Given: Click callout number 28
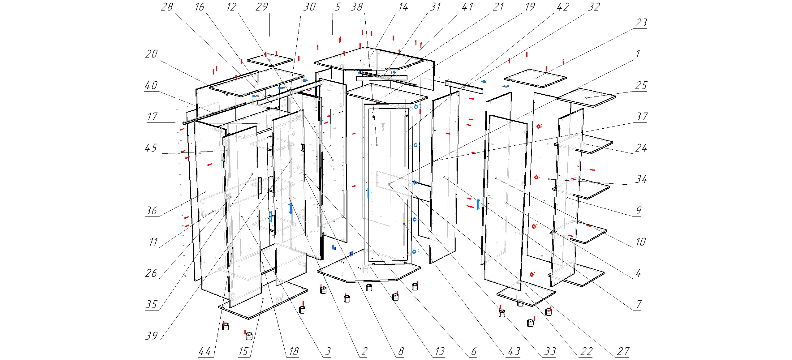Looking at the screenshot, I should tap(167, 7).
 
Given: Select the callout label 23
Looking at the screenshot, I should tap(641, 23).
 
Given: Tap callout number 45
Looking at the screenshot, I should tap(151, 148).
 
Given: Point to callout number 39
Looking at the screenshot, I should tap(152, 336).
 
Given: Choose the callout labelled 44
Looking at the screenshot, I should tap(205, 352).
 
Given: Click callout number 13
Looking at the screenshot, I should tap(440, 352).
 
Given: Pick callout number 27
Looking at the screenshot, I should tap(623, 352).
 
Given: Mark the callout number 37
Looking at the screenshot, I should tap(641, 117).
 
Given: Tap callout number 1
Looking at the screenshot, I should tap(638, 54).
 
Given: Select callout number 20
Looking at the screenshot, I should tap(152, 54).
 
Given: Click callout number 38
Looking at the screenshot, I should tap(357, 7).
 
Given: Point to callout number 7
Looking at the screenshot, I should tap(639, 305).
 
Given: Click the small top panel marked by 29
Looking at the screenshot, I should tap(269, 60).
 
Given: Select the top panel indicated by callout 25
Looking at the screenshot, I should tap(586, 98).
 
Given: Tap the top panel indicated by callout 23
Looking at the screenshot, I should tap(536, 78).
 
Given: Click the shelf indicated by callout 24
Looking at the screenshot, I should tap(583, 144).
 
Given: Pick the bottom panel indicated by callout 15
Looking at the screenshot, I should tap(263, 299).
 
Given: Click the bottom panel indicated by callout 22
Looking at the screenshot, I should tap(526, 293).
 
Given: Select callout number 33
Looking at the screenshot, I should tap(550, 352).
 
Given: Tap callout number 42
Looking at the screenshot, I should tap(563, 7).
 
